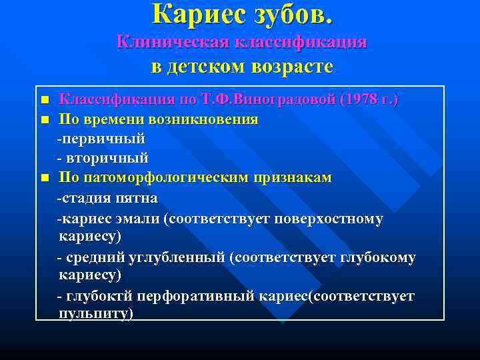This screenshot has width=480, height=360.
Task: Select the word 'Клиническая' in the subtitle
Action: tap(171, 41)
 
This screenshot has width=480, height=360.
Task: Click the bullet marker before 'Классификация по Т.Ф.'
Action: tap(45, 101)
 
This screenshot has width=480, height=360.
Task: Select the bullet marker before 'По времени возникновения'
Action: tap(45, 121)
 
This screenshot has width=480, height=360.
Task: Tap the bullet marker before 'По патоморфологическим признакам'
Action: tap(45, 179)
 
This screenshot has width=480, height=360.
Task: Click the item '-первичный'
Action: tap(101, 139)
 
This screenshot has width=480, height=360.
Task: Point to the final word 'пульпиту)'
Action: tap(96, 313)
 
